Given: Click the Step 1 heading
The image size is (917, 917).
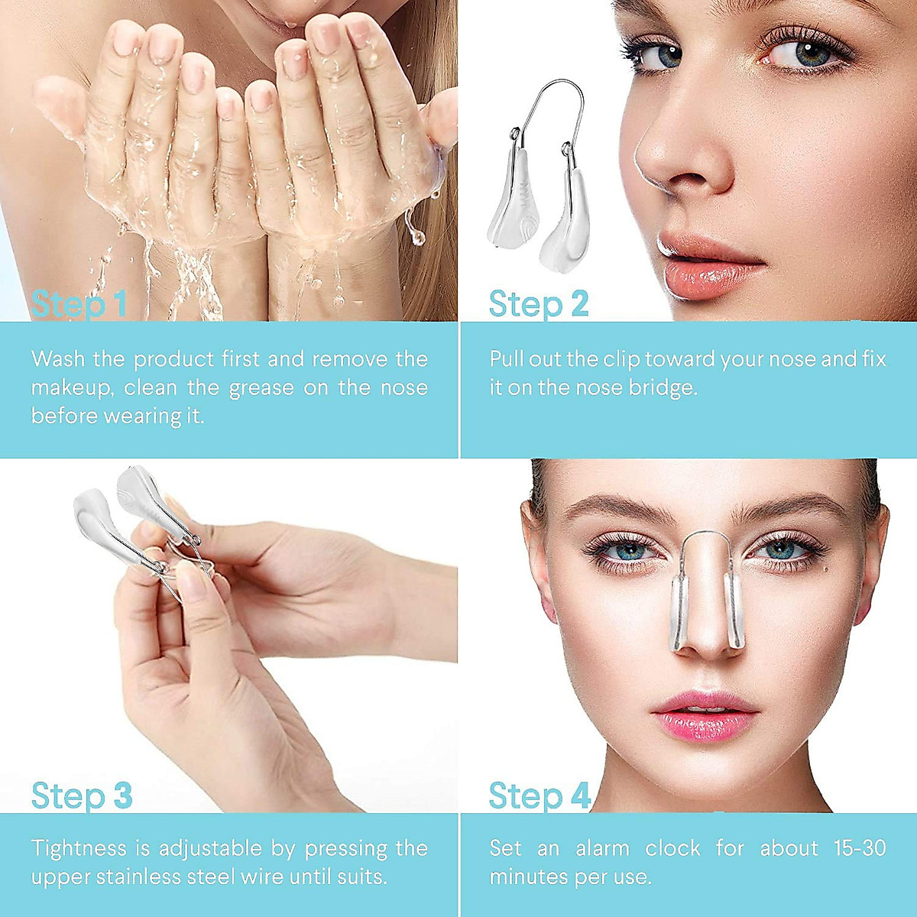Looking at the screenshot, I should point(79,304).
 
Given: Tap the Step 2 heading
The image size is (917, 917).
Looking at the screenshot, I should point(539,304).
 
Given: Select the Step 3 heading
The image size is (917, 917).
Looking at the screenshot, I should point(82,795).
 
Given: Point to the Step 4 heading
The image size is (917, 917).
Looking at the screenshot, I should point(540,795).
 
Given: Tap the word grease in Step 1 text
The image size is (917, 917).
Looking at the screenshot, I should point(260,388).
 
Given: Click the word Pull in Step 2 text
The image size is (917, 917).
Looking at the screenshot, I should point(508,359).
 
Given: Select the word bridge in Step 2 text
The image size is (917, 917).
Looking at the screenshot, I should point(662,388).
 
